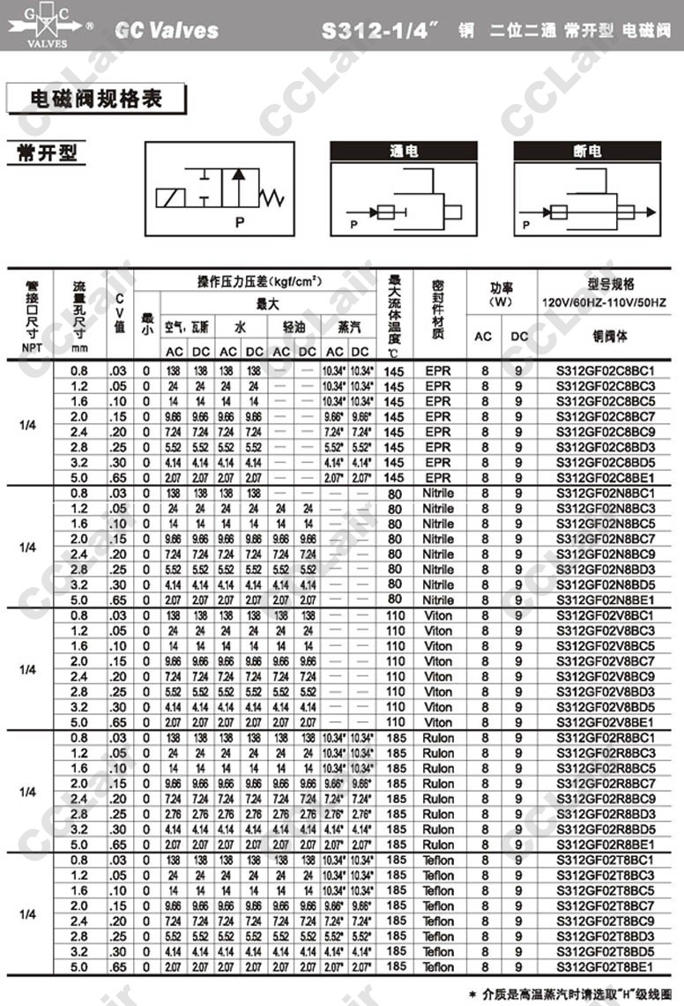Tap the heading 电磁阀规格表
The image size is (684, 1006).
(x=96, y=98)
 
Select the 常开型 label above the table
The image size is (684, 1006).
(x=47, y=153)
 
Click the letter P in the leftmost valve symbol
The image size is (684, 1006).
(x=238, y=222)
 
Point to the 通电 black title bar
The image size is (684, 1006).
(x=404, y=151)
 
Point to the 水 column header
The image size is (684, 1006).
(x=241, y=326)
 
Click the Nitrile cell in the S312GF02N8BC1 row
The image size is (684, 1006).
(x=438, y=493)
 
